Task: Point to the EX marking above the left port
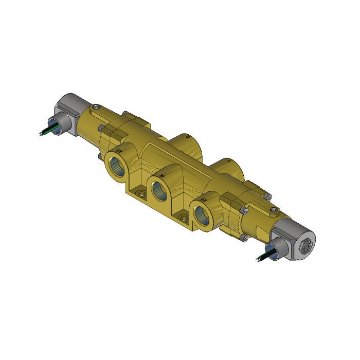coord(119,151)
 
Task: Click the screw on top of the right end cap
coord(266,195)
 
